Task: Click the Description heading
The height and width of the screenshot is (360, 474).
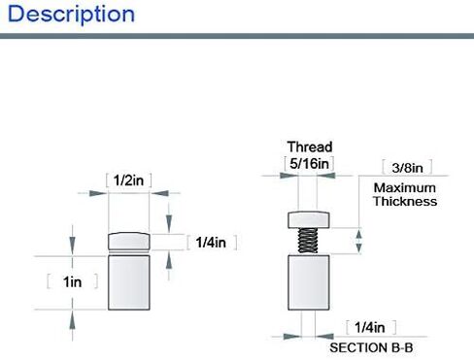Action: tap(71, 15)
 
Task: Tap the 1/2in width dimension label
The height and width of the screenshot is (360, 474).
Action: tap(128, 180)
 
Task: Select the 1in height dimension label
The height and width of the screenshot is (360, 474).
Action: tap(73, 281)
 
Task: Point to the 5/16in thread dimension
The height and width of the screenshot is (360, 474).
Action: tap(309, 163)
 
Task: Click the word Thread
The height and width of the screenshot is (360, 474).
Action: tap(310, 147)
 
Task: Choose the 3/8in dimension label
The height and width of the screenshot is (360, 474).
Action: tap(407, 168)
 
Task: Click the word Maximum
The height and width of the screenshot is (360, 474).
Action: tap(405, 188)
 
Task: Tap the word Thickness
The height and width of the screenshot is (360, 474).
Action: tap(405, 201)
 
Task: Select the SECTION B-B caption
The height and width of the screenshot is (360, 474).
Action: tap(371, 348)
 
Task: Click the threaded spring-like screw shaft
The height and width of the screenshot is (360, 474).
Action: tap(308, 241)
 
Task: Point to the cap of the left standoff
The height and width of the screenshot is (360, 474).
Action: tap(129, 242)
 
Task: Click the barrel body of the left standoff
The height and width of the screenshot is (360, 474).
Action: tap(129, 282)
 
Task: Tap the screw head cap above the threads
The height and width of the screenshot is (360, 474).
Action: tap(309, 220)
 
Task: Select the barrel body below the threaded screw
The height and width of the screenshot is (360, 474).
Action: tap(309, 282)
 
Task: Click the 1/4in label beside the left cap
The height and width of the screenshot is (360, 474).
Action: tap(211, 243)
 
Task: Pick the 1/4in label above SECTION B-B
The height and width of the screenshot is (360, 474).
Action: tap(370, 328)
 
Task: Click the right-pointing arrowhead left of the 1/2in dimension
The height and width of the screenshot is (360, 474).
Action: tap(98, 193)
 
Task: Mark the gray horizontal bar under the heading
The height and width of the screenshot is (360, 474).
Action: tap(237, 36)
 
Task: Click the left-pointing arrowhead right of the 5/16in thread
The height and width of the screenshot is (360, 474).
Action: tap(325, 176)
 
